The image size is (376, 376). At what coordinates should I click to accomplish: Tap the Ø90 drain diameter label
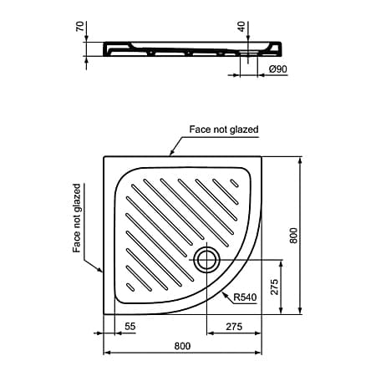pyautogui.click(x=277, y=69)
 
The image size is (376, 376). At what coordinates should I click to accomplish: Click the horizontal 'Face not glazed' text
pyautogui.click(x=223, y=130)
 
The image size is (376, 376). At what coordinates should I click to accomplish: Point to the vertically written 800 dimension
pyautogui.click(x=292, y=236)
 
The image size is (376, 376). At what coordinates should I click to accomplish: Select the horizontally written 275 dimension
pyautogui.click(x=233, y=325)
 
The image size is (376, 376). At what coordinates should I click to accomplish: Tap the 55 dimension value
pyautogui.click(x=130, y=325)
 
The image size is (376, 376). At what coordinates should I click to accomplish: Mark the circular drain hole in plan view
pyautogui.click(x=206, y=259)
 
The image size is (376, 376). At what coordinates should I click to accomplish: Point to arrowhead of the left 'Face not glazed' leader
pyautogui.click(x=103, y=272)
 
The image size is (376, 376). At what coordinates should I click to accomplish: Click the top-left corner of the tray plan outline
pyautogui.click(x=104, y=156)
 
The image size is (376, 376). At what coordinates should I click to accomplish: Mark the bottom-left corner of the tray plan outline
pyautogui.click(x=104, y=315)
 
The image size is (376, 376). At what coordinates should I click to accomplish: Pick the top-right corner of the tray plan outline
pyautogui.click(x=261, y=156)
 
